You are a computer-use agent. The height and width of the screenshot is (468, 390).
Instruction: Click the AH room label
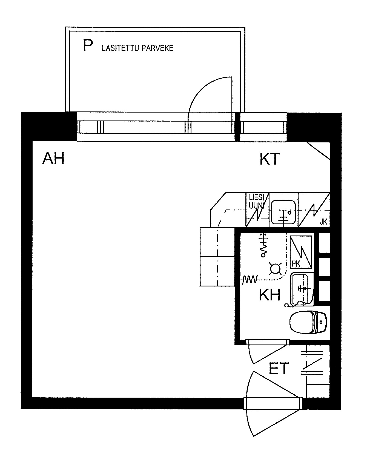pyautogui.click(x=53, y=159)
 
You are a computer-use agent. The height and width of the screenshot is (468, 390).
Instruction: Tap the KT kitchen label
pyautogui.click(x=270, y=159)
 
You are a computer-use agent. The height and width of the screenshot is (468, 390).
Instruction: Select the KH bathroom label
pyautogui.click(x=270, y=295)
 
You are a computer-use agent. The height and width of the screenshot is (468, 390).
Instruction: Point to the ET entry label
pyautogui.click(x=279, y=368)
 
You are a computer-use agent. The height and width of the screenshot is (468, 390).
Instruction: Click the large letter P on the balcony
pyautogui.click(x=88, y=45)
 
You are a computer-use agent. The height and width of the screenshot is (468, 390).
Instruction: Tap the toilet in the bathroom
pyautogui.click(x=308, y=322)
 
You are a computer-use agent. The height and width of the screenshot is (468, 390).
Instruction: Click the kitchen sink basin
pyautogui.click(x=283, y=211)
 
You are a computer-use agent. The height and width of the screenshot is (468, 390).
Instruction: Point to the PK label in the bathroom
pyautogui.click(x=296, y=264)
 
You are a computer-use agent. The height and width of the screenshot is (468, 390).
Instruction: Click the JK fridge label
pyautogui.click(x=323, y=222)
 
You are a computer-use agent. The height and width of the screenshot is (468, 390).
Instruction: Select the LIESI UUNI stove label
pyautogui.click(x=256, y=201)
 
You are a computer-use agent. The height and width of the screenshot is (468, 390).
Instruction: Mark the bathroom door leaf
pyautogui.click(x=268, y=354)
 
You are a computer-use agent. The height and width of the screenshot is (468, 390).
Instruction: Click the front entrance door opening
pyautogui.click(x=273, y=403)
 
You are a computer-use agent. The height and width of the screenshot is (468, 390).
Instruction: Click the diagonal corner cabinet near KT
pyautogui.click(x=319, y=150)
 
